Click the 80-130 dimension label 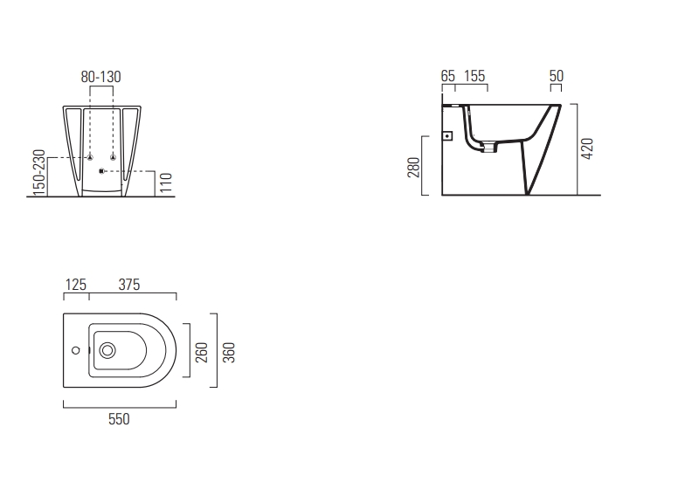[x=100, y=77]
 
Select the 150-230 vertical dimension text [x=39, y=172]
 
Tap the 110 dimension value [x=166, y=182]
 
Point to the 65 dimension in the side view [x=448, y=76]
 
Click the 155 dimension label [x=474, y=76]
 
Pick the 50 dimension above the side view [x=557, y=76]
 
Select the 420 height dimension [x=587, y=148]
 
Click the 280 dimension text [x=414, y=168]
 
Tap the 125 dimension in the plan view [x=76, y=285]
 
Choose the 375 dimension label [x=129, y=285]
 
